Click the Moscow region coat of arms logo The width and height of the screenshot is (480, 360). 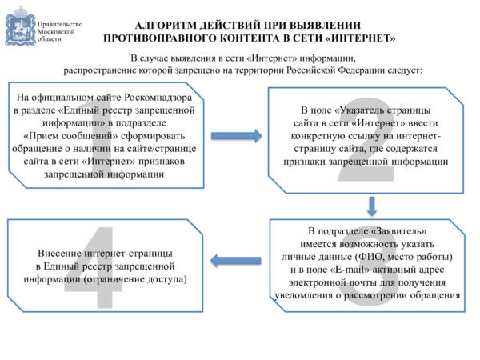coord(20,26)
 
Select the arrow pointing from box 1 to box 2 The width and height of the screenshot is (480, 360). coord(236,136)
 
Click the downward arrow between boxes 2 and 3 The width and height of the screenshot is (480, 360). coord(372,206)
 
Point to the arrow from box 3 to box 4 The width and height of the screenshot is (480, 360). coord(236,261)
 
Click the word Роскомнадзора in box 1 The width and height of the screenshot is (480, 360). coord(158,98)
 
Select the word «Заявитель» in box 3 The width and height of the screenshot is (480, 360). coord(399,231)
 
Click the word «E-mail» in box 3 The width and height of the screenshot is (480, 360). coord(350,270)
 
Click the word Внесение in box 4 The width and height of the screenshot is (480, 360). coord(59,254)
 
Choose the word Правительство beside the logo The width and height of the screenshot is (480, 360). coord(60,24)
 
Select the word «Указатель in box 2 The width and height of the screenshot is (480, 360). coord(360,110)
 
